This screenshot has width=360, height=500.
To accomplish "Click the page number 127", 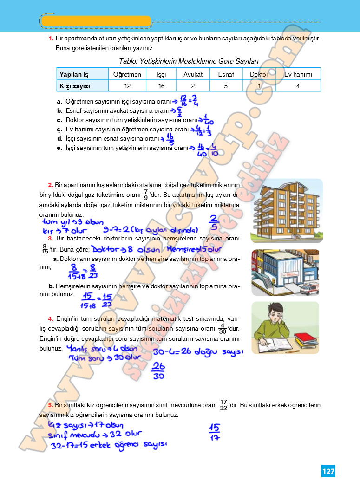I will [328, 471].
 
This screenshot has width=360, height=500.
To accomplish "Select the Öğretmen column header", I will [127, 74].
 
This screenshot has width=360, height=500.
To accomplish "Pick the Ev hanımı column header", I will [298, 74].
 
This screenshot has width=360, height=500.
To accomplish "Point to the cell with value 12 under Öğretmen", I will [127, 86].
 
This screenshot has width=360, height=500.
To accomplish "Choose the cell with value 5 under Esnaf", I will [226, 86].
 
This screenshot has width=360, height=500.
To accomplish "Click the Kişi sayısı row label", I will [74, 86].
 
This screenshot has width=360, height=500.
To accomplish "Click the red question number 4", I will [50, 318].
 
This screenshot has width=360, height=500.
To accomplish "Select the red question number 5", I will [50, 405].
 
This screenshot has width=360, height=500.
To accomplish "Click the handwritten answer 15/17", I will [215, 433].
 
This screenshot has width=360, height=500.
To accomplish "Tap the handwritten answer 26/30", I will [158, 371].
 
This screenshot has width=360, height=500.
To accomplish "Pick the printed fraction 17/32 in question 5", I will [223, 405].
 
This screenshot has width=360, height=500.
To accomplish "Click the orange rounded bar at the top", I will [96, 21].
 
